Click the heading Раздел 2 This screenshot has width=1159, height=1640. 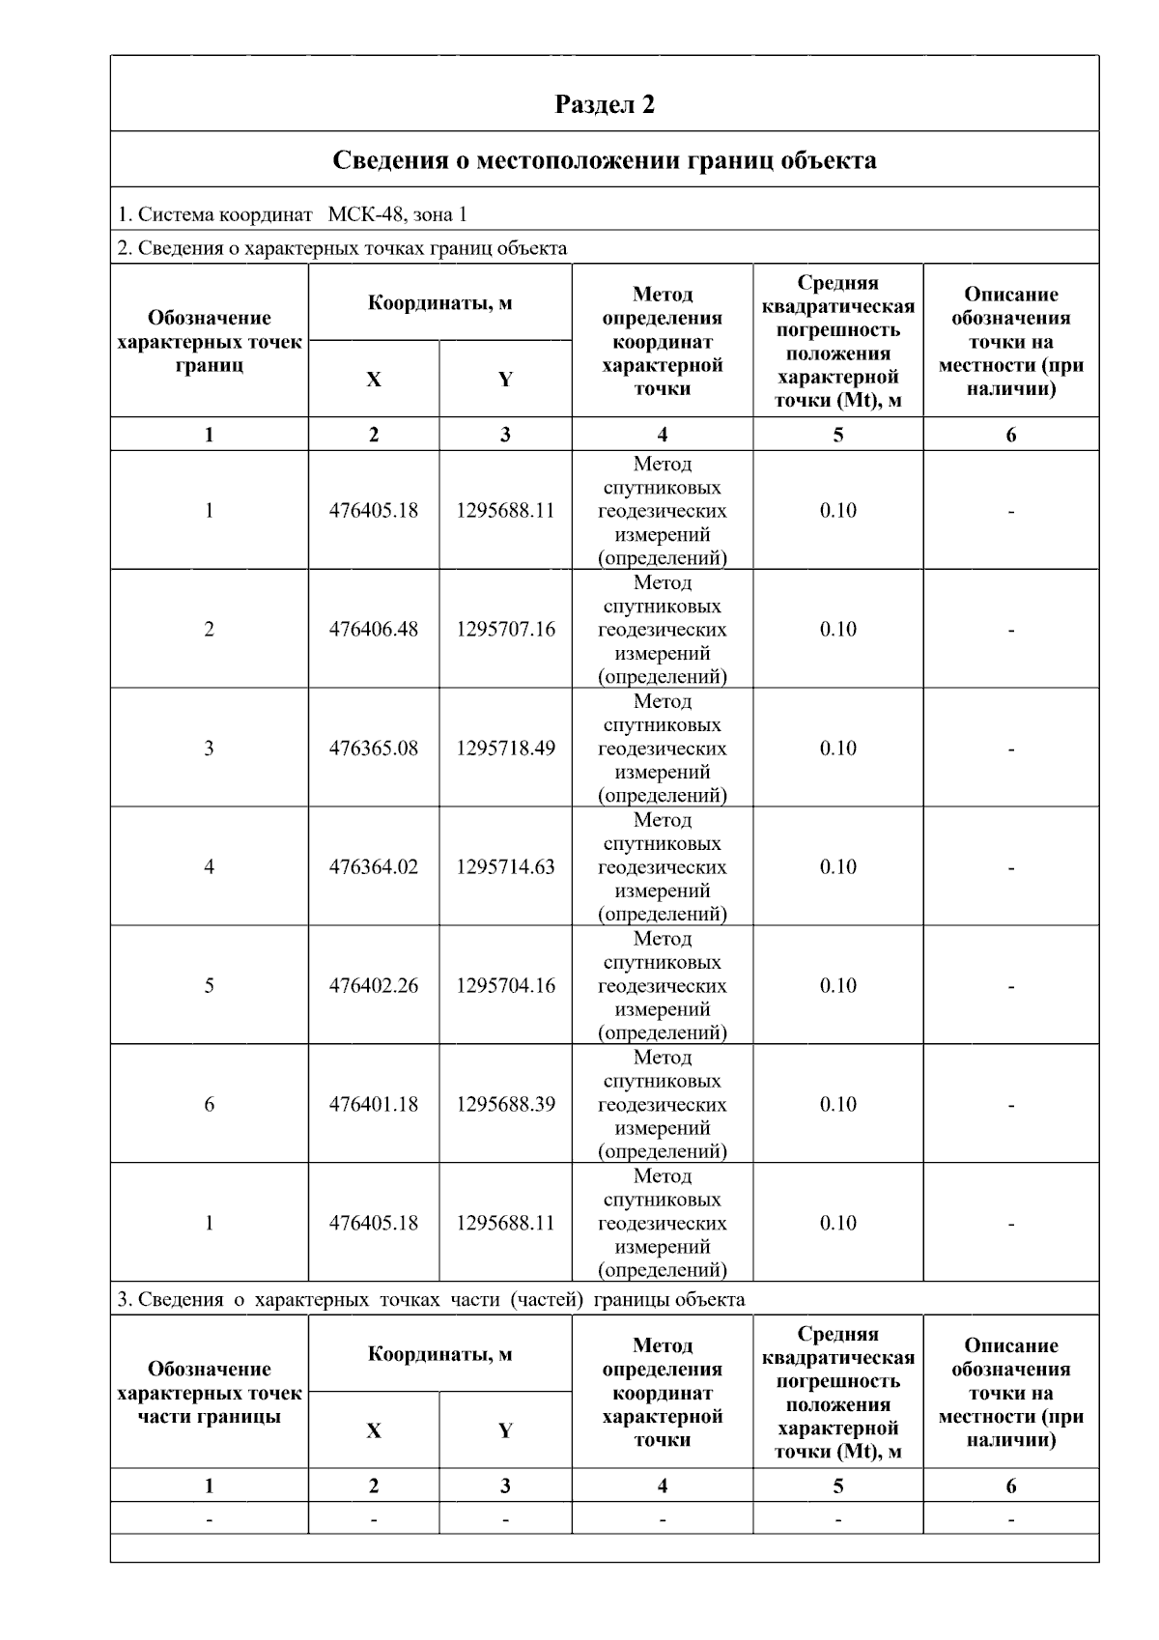click(605, 104)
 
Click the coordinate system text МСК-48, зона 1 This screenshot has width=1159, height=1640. click(397, 214)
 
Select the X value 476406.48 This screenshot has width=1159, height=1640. click(374, 630)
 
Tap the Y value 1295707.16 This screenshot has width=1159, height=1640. click(505, 630)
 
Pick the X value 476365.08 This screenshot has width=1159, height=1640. click(374, 749)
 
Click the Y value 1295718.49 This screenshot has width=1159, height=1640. click(505, 749)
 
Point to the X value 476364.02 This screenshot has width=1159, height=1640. click(374, 867)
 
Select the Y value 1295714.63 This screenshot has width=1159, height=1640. click(505, 867)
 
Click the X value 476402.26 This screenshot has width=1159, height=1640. click(374, 986)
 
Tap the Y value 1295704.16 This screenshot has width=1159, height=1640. click(505, 986)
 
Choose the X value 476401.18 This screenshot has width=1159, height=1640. click(374, 1105)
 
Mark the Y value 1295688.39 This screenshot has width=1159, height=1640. click(505, 1105)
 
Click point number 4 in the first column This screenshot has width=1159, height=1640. click(209, 867)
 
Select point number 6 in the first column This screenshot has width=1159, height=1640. click(209, 1105)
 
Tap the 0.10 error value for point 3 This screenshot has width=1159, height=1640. click(837, 749)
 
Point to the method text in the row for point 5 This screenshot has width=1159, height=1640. click(662, 986)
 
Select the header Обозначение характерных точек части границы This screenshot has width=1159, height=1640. click(209, 1393)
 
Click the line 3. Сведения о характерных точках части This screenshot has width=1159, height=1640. click(431, 1300)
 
